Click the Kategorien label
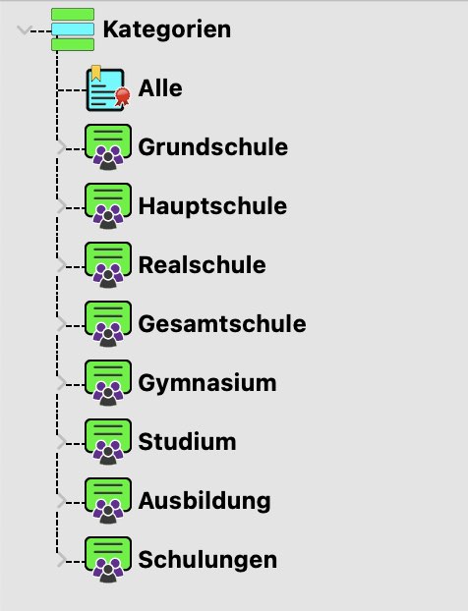click(x=167, y=30)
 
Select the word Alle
click(x=160, y=88)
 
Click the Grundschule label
click(x=213, y=147)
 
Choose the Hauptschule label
click(x=212, y=206)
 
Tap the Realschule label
click(x=202, y=265)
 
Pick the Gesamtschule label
click(x=222, y=324)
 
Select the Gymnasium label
click(x=207, y=384)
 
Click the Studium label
click(x=187, y=442)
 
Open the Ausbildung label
click(x=205, y=502)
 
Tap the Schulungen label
click(x=207, y=561)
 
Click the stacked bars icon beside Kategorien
click(x=73, y=29)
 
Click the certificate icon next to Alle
click(x=107, y=88)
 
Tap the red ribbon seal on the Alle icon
click(x=123, y=96)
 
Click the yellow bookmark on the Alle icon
click(x=96, y=73)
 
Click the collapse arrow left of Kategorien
click(x=24, y=30)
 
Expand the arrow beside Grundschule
click(x=61, y=147)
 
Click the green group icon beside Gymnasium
click(x=108, y=383)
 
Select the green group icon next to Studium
click(x=108, y=442)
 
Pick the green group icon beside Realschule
click(x=108, y=265)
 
